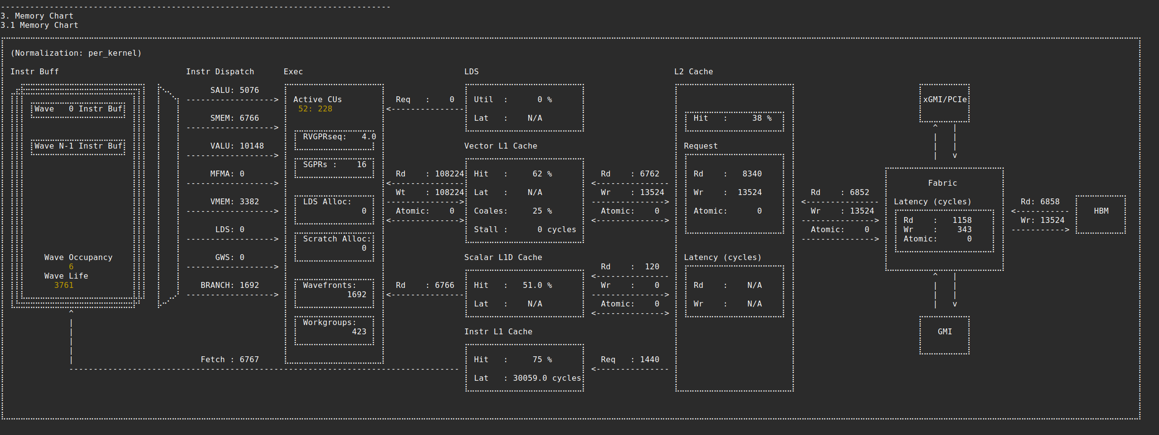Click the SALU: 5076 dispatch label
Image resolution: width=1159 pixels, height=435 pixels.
(234, 90)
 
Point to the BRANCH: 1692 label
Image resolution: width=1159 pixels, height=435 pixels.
(229, 285)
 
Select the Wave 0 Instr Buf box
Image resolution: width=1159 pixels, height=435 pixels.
(78, 109)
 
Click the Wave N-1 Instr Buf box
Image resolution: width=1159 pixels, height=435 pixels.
(78, 146)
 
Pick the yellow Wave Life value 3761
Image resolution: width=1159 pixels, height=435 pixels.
(64, 285)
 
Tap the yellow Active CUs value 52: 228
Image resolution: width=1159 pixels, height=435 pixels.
(315, 109)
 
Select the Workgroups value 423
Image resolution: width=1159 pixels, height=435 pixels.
(359, 332)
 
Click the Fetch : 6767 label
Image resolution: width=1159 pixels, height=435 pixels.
(229, 360)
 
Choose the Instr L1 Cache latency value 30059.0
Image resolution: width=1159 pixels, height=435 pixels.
(532, 378)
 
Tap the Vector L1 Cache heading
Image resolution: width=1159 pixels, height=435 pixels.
(500, 146)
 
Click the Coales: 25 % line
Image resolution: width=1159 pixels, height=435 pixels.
(513, 211)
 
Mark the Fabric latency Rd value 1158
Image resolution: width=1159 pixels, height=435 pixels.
(962, 220)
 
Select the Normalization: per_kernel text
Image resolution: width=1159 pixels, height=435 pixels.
(76, 53)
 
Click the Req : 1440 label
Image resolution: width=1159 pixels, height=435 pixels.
(630, 360)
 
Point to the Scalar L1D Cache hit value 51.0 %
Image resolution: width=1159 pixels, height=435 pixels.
(537, 285)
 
